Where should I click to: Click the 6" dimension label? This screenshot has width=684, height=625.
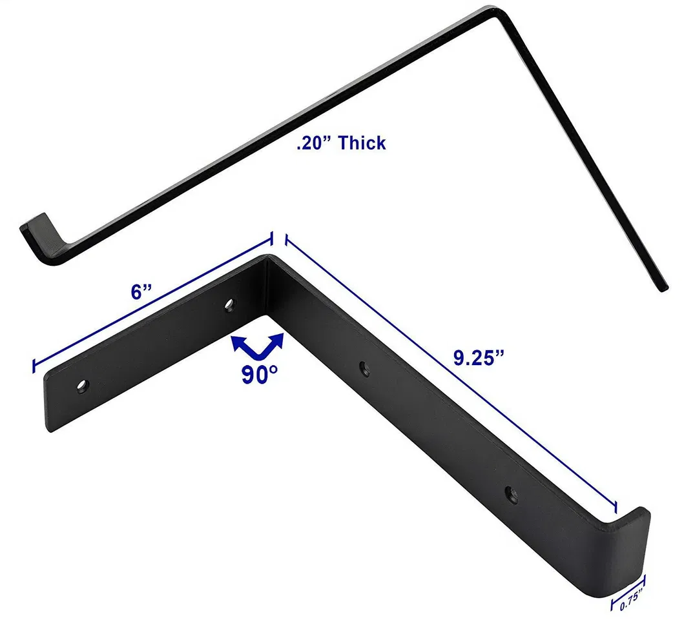click(x=140, y=292)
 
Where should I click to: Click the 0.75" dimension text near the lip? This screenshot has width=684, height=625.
click(x=630, y=604)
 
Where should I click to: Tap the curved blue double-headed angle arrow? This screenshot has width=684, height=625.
click(x=258, y=346)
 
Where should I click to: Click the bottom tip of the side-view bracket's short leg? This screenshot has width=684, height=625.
click(x=663, y=288)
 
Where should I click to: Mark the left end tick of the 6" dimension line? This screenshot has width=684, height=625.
click(x=34, y=366)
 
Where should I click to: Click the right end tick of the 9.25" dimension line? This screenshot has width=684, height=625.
click(x=615, y=507)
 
